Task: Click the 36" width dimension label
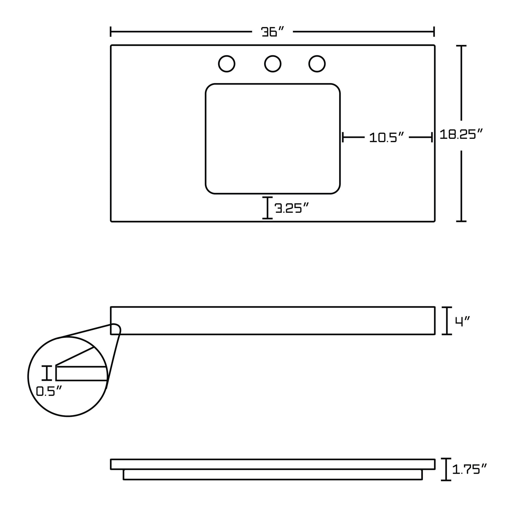click(273, 32)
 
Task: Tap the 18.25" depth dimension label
click(461, 134)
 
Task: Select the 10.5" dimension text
click(386, 138)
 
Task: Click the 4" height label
click(463, 321)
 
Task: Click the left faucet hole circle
click(226, 64)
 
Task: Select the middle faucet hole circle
click(273, 64)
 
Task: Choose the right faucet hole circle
click(317, 64)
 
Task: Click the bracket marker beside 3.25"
click(267, 208)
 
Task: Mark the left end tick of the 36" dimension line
click(111, 32)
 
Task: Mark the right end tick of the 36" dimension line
click(434, 32)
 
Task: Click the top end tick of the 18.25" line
click(461, 46)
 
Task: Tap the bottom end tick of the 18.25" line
click(461, 221)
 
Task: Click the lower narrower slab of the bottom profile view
click(273, 482)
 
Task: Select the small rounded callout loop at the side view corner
click(116, 329)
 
